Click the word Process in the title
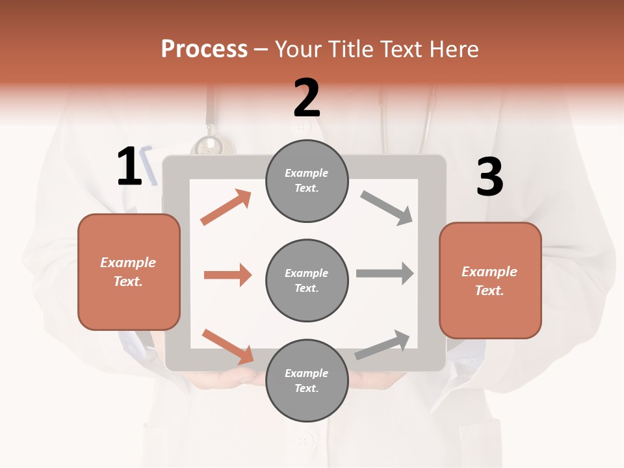pyautogui.click(x=204, y=49)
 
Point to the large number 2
pyautogui.click(x=307, y=98)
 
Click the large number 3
pyautogui.click(x=489, y=177)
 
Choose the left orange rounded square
pyautogui.click(x=129, y=272)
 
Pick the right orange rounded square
pyautogui.click(x=490, y=281)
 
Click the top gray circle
pyautogui.click(x=307, y=181)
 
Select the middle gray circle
pyautogui.click(x=307, y=280)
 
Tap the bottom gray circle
pyautogui.click(x=307, y=380)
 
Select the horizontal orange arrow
pyautogui.click(x=227, y=275)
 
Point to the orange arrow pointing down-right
pyautogui.click(x=228, y=346)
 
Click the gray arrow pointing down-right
pyautogui.click(x=387, y=208)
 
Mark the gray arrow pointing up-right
pyautogui.click(x=383, y=344)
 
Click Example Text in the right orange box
pyautogui.click(x=489, y=281)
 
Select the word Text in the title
pyautogui.click(x=400, y=49)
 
